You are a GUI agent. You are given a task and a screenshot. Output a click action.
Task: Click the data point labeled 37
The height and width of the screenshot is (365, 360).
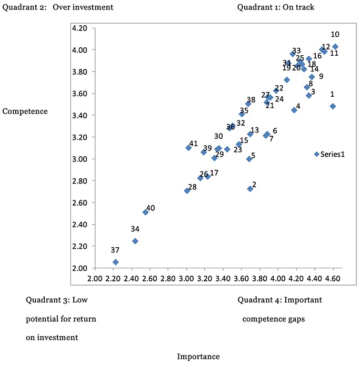(x=116, y=262)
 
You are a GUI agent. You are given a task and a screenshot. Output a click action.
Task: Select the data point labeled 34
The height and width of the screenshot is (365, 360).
(x=135, y=241)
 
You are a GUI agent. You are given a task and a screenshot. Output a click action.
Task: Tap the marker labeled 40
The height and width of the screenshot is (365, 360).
(x=145, y=212)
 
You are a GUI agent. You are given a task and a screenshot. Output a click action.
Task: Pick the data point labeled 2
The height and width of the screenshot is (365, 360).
(x=250, y=189)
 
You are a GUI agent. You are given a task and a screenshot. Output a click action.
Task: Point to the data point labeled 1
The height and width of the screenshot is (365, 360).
(x=333, y=106)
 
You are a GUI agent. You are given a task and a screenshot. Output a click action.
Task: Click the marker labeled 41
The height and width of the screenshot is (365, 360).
(x=188, y=148)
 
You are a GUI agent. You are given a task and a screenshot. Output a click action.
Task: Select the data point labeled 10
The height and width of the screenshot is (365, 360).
(x=335, y=47)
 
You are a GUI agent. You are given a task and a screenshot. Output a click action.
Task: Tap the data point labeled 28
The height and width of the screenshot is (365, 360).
(x=187, y=191)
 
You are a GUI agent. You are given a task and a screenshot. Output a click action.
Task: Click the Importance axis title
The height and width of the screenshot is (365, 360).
(x=198, y=357)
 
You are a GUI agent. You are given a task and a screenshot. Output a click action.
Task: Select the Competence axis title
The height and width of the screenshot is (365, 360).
(x=25, y=111)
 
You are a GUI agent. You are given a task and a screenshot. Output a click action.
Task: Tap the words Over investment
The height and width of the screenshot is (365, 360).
(x=83, y=7)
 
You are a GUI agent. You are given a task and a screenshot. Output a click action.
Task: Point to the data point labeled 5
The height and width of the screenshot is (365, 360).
(x=249, y=159)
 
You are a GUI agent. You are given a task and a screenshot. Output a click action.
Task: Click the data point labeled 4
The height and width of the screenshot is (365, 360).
(x=294, y=110)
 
